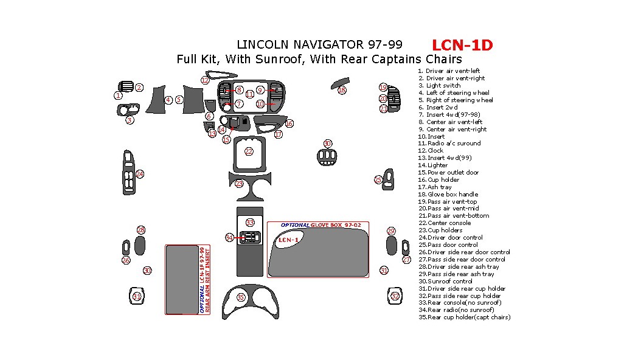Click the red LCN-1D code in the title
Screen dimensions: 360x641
(x=462, y=45)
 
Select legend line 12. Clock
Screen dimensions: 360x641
(x=435, y=151)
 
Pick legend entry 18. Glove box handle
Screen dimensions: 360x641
(x=452, y=194)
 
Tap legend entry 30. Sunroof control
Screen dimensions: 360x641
(x=451, y=281)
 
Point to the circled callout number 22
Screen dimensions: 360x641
(x=249, y=151)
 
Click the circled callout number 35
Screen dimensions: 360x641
(x=241, y=297)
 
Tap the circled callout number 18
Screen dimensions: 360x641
(x=342, y=90)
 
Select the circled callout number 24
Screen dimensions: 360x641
(x=140, y=174)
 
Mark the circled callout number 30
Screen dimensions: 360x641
(x=147, y=271)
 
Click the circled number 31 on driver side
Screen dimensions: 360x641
(x=137, y=297)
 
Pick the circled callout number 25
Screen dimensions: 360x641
(x=378, y=179)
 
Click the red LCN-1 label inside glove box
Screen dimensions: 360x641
(x=288, y=240)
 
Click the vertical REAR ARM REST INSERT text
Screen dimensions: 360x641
(x=207, y=280)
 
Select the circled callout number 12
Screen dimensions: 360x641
(x=205, y=80)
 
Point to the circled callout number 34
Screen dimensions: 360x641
(x=229, y=237)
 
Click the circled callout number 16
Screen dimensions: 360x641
(x=289, y=123)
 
